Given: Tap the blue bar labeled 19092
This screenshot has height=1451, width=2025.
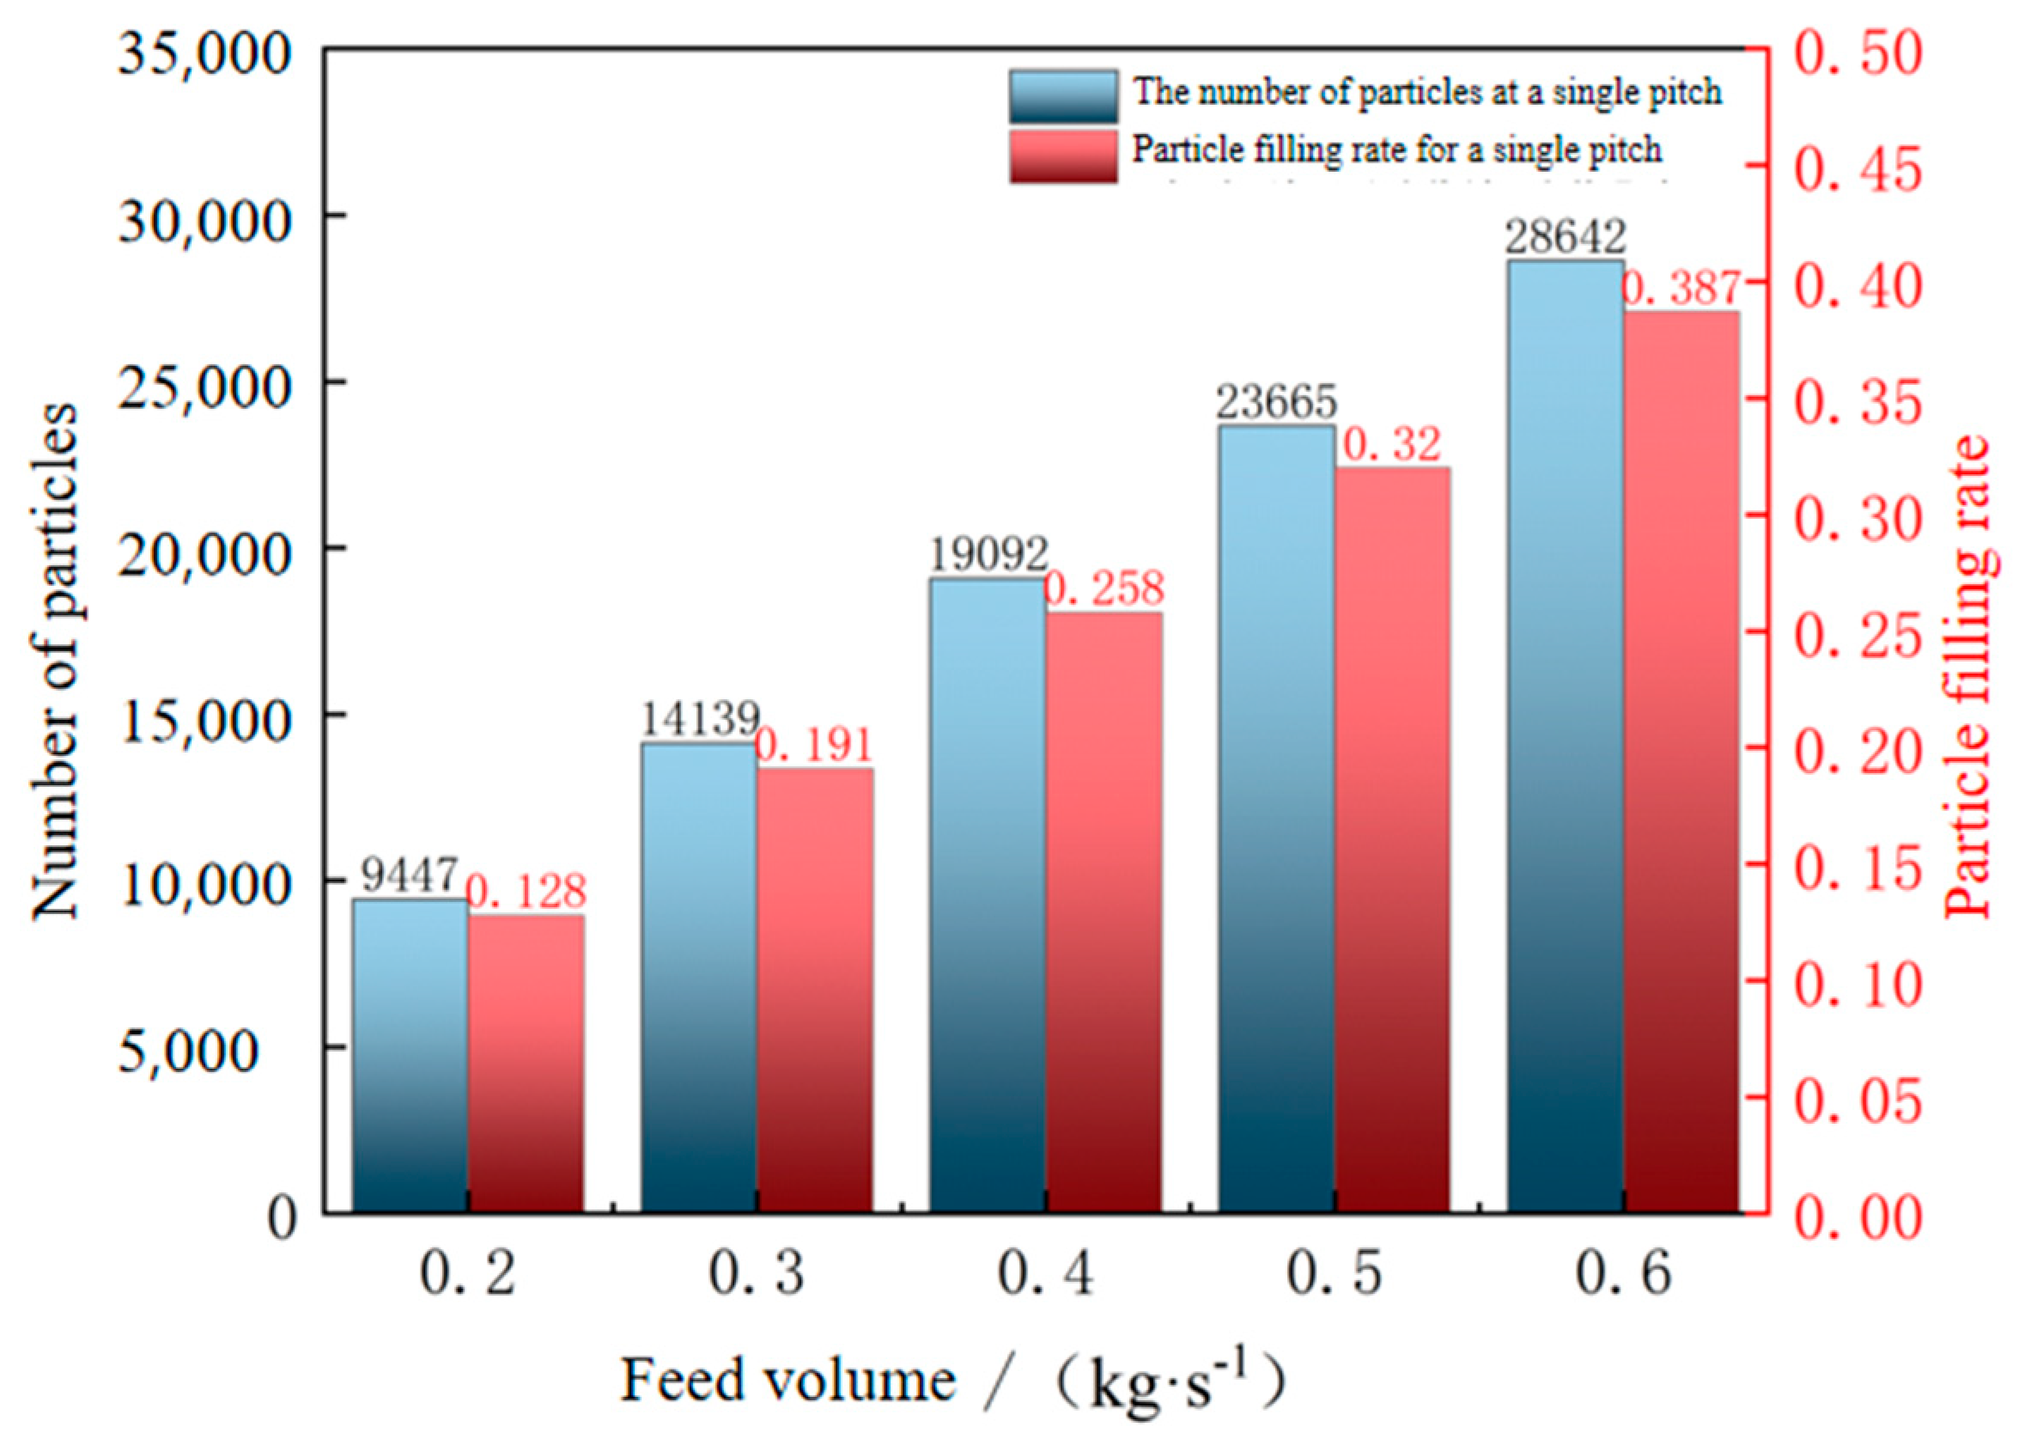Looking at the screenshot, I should (x=988, y=893).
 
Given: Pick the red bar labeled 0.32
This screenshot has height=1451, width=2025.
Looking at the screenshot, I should (x=1392, y=839).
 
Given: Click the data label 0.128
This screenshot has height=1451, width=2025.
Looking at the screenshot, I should (x=526, y=892).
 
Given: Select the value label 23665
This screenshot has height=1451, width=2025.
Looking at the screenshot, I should (x=1277, y=403).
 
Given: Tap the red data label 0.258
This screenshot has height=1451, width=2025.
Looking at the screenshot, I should (x=1104, y=588).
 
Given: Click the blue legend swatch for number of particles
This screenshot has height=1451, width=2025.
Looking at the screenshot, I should (x=1062, y=95).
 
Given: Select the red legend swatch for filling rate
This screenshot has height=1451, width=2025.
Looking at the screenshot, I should (x=1062, y=155).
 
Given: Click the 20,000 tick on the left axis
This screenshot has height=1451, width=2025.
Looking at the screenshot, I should (x=204, y=551).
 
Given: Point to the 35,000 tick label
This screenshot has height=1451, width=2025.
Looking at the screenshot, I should (x=204, y=53).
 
